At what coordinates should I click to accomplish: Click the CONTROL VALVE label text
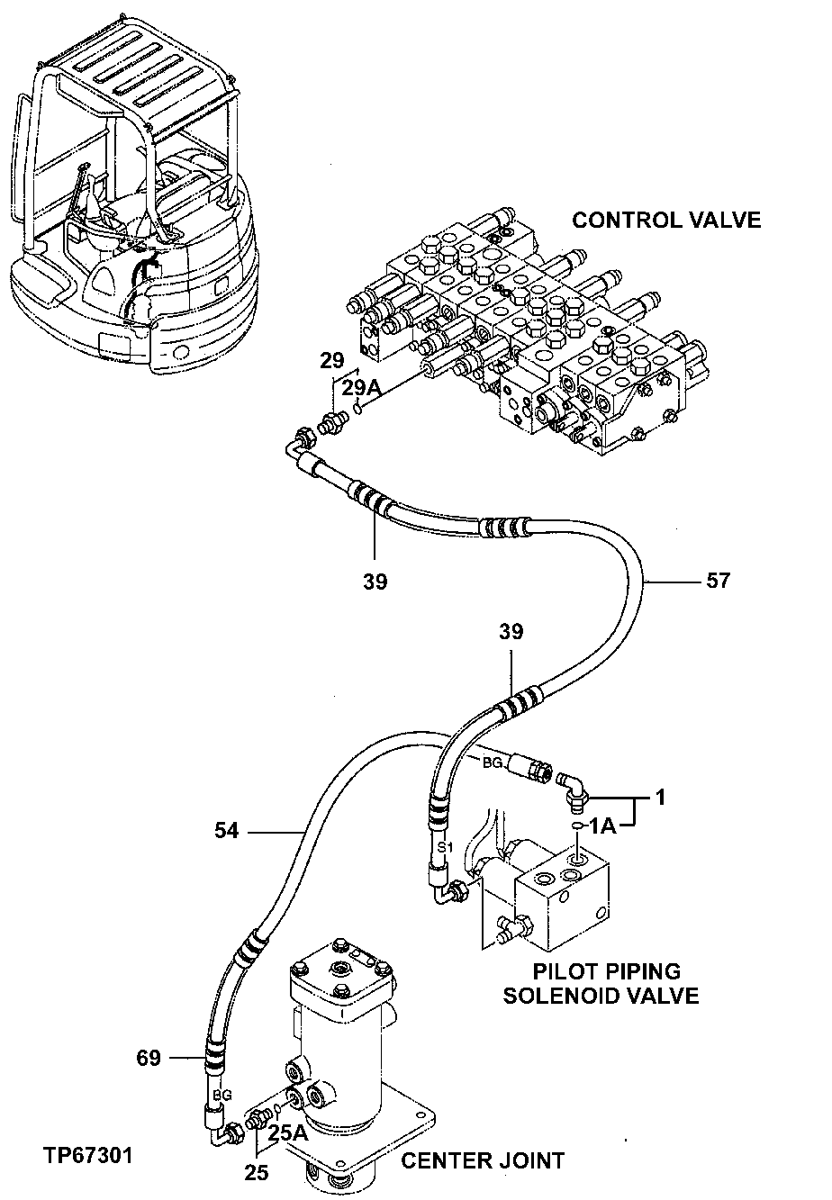[x=667, y=220]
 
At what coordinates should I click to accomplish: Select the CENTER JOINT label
[x=483, y=1160]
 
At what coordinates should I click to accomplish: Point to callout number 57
[x=718, y=582]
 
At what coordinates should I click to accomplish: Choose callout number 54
[x=226, y=830]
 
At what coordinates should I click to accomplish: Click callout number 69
[x=149, y=1058]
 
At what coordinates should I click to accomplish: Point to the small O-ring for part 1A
[x=574, y=826]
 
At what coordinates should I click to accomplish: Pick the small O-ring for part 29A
[x=357, y=411]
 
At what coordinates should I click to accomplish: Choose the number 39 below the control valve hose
[x=375, y=582]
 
